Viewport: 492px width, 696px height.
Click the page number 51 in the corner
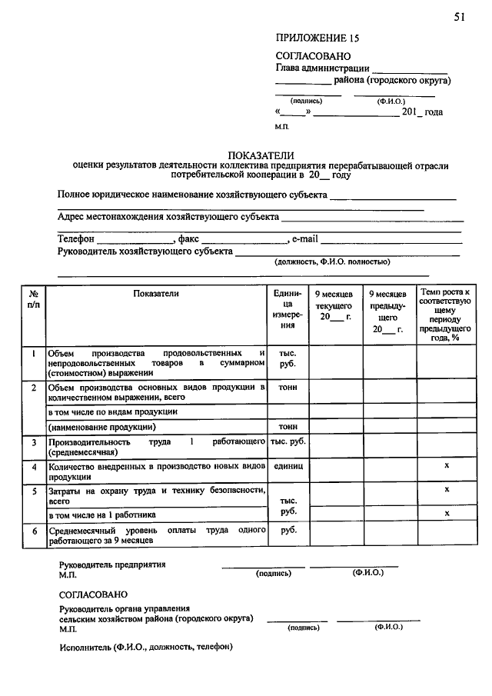[x=459, y=18]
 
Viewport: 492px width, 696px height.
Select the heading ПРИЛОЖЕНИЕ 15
[x=317, y=38]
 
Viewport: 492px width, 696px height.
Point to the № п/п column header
[x=34, y=299]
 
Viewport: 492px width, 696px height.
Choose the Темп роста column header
[x=445, y=315]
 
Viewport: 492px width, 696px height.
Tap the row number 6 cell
[x=34, y=531]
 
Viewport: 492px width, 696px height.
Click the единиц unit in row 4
[x=288, y=467]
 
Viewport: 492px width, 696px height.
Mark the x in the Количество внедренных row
[x=446, y=467]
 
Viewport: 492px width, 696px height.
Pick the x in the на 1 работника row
[x=446, y=513]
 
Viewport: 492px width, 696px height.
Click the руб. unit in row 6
[x=288, y=530]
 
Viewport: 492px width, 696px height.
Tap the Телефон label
[x=77, y=239]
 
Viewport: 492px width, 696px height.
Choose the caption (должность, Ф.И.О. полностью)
[x=332, y=261]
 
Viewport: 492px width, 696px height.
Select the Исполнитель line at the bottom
[x=145, y=646]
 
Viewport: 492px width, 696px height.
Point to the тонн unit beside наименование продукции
[x=288, y=425]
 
